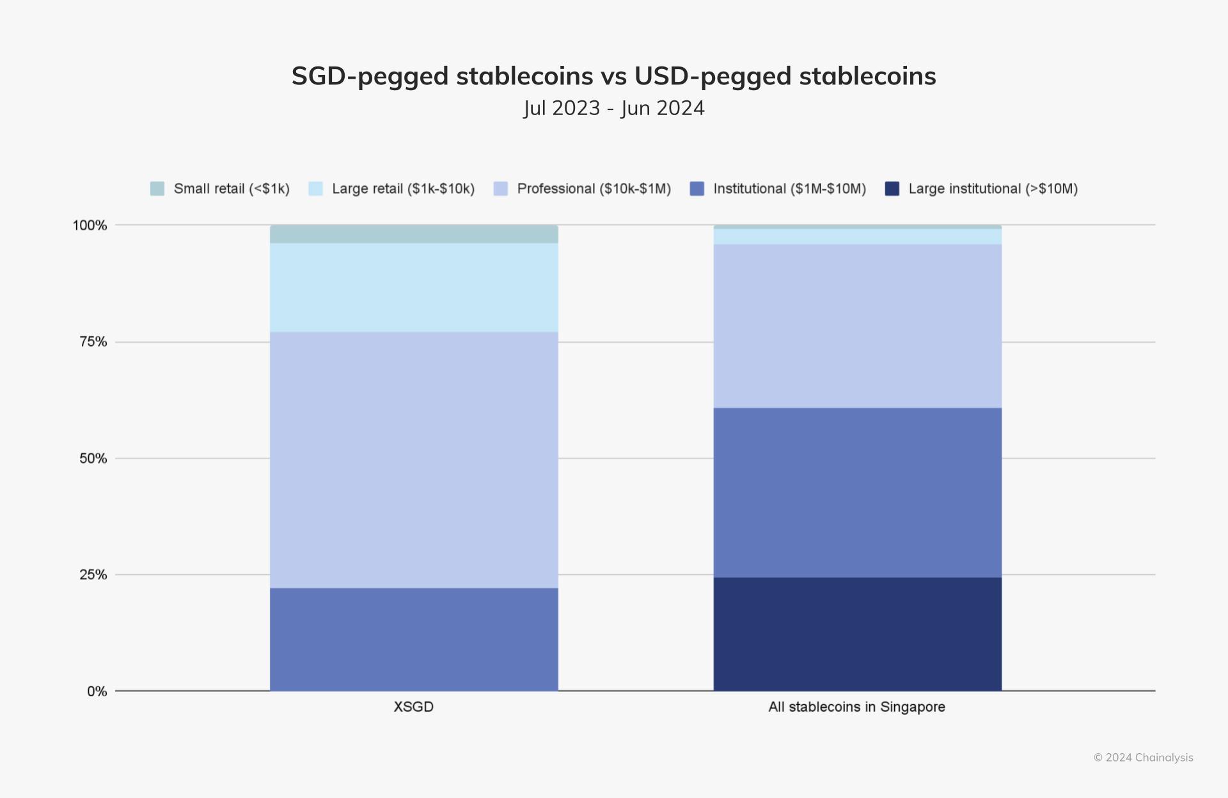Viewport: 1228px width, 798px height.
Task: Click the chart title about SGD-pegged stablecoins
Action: [613, 76]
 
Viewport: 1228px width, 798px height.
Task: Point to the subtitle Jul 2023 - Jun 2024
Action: [613, 108]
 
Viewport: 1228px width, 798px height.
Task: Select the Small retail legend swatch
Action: [157, 189]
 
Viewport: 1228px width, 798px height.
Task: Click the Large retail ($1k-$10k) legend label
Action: [403, 189]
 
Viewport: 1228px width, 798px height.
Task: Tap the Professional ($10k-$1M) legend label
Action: [594, 189]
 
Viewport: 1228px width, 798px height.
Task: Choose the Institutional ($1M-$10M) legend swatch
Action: [697, 189]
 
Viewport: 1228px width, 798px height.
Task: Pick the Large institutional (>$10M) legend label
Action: [993, 189]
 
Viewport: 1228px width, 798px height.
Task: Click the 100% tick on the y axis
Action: [90, 225]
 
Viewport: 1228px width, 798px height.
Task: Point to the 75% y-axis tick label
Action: [93, 341]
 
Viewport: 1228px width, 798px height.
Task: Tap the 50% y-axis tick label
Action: [93, 458]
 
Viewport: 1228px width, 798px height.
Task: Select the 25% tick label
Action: [93, 575]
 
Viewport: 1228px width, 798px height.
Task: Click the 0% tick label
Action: [97, 691]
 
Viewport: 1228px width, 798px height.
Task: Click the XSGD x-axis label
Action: [413, 707]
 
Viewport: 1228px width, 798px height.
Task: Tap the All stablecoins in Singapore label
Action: [856, 707]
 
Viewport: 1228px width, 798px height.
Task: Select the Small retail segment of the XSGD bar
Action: [413, 234]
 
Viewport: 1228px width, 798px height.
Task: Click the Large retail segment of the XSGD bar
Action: [413, 287]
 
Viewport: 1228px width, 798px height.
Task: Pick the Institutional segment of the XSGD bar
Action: [413, 639]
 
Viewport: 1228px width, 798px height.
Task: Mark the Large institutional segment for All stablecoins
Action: [857, 634]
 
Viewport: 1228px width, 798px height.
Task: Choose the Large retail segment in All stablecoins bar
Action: [857, 237]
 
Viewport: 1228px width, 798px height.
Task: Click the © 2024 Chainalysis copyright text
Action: [1143, 758]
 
